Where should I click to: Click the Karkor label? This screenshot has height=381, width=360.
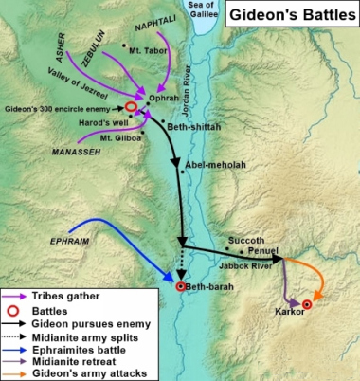click(x=287, y=311)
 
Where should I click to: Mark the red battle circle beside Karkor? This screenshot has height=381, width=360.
click(x=307, y=303)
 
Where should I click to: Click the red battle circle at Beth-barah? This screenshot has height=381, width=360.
click(x=180, y=285)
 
